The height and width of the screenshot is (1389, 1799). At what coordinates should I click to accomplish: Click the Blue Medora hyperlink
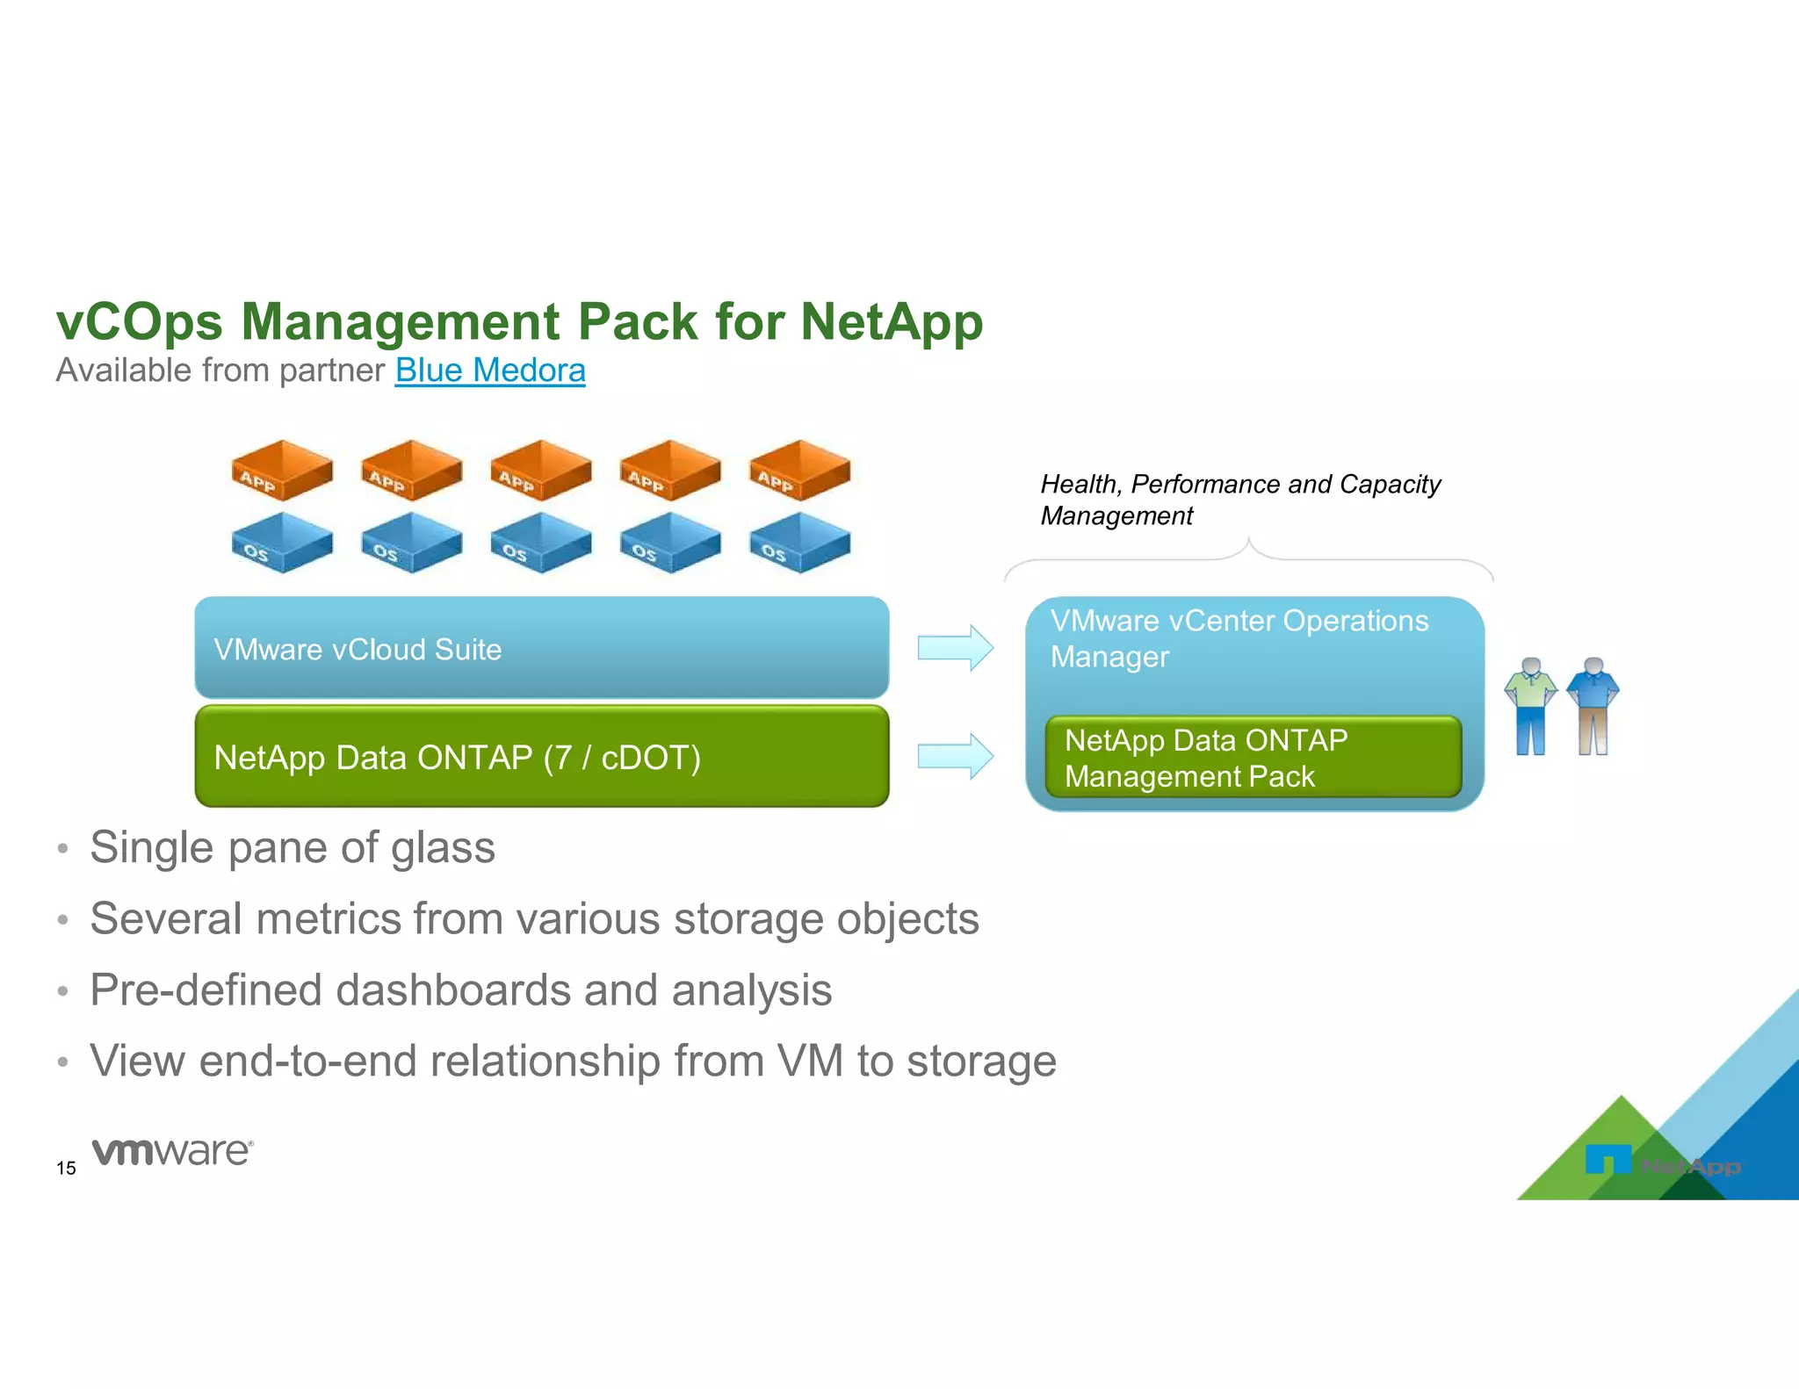(x=489, y=371)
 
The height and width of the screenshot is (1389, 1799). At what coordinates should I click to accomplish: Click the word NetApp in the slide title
(x=891, y=321)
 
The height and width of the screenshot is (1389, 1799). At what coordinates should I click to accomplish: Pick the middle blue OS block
(x=540, y=543)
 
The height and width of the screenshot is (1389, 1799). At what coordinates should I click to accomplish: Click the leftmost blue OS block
(x=281, y=543)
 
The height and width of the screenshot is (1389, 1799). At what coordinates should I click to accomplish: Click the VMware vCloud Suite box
(x=541, y=648)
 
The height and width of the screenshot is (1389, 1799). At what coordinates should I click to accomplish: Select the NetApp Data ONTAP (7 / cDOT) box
(x=541, y=756)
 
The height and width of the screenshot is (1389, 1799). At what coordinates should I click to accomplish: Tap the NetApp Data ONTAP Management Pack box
(x=1253, y=757)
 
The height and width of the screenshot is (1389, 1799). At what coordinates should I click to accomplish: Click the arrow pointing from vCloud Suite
(x=955, y=648)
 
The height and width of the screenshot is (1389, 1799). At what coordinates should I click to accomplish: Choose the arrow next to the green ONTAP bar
(x=955, y=756)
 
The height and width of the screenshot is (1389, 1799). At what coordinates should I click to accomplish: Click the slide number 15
(x=66, y=1168)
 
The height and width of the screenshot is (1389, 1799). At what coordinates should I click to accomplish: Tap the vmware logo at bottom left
(x=172, y=1151)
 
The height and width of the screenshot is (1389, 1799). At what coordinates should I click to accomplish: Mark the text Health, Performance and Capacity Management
(x=1239, y=500)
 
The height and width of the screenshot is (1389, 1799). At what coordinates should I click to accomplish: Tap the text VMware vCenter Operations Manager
(x=1239, y=638)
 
